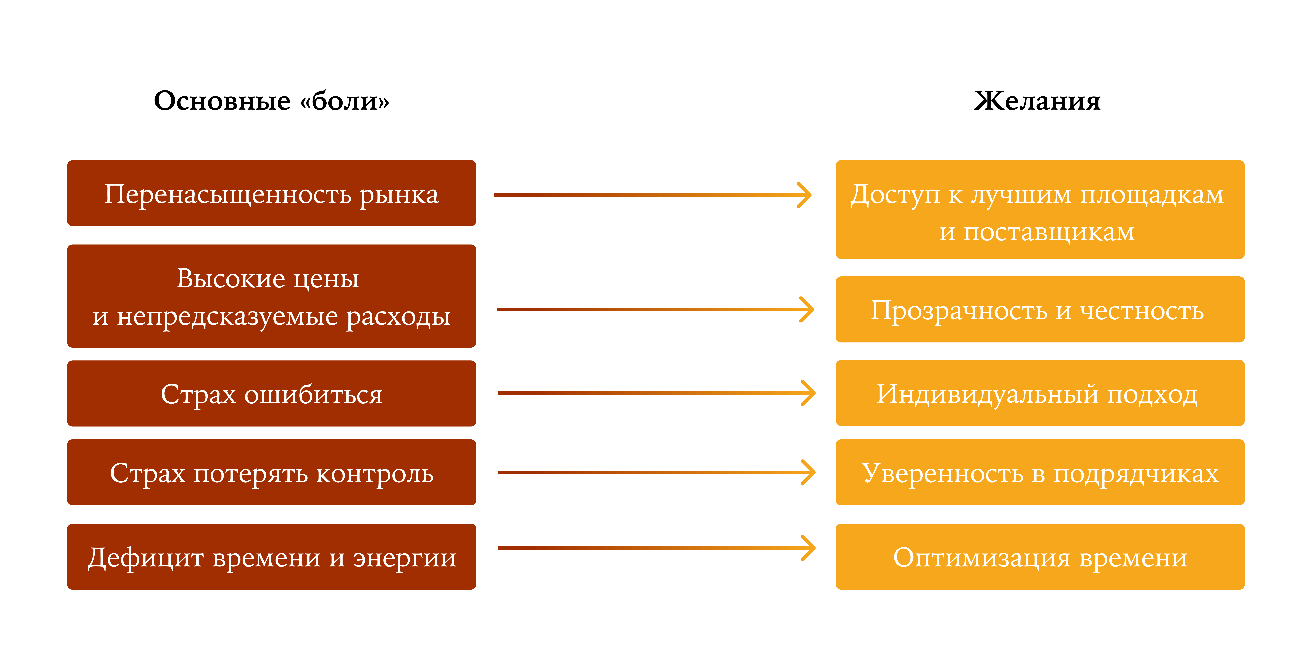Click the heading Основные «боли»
pos(271,101)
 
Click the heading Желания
pos(1037,101)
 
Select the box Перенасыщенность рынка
pos(271,193)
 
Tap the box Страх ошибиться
pos(271,393)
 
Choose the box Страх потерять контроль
pos(271,472)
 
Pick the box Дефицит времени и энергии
pos(271,557)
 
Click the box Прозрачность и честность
pos(1039,310)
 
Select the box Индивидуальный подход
pos(1039,393)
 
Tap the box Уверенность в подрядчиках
pos(1039,472)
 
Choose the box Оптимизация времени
pos(1039,557)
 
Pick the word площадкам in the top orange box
pos(1152,195)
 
